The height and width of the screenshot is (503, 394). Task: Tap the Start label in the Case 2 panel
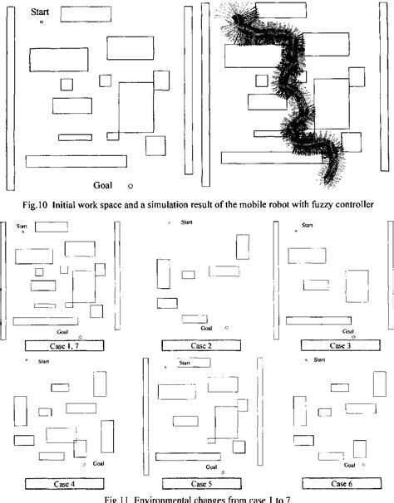click(x=187, y=223)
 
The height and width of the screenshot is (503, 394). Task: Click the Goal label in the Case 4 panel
click(x=98, y=463)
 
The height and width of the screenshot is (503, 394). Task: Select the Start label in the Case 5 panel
click(x=183, y=362)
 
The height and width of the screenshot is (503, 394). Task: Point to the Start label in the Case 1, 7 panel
click(x=22, y=226)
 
